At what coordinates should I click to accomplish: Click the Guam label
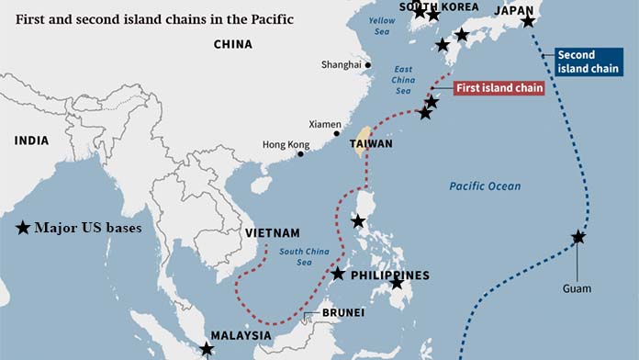pyautogui.click(x=577, y=288)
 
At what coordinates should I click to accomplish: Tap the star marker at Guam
pyautogui.click(x=578, y=237)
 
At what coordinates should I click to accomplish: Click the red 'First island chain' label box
pyautogui.click(x=499, y=88)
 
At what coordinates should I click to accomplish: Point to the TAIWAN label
pyautogui.click(x=371, y=144)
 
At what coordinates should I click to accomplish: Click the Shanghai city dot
pyautogui.click(x=367, y=65)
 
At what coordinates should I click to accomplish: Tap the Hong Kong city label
pyautogui.click(x=286, y=144)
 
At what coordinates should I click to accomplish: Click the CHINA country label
pyautogui.click(x=232, y=44)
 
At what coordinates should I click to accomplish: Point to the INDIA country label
pyautogui.click(x=31, y=141)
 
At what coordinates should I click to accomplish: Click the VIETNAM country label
pyautogui.click(x=273, y=233)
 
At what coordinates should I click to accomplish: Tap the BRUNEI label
pyautogui.click(x=342, y=313)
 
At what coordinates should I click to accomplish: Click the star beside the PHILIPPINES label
pyautogui.click(x=339, y=274)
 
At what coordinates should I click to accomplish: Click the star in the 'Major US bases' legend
pyautogui.click(x=23, y=228)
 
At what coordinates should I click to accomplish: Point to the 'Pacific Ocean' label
pyautogui.click(x=485, y=186)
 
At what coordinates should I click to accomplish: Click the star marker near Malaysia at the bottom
pyautogui.click(x=207, y=349)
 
